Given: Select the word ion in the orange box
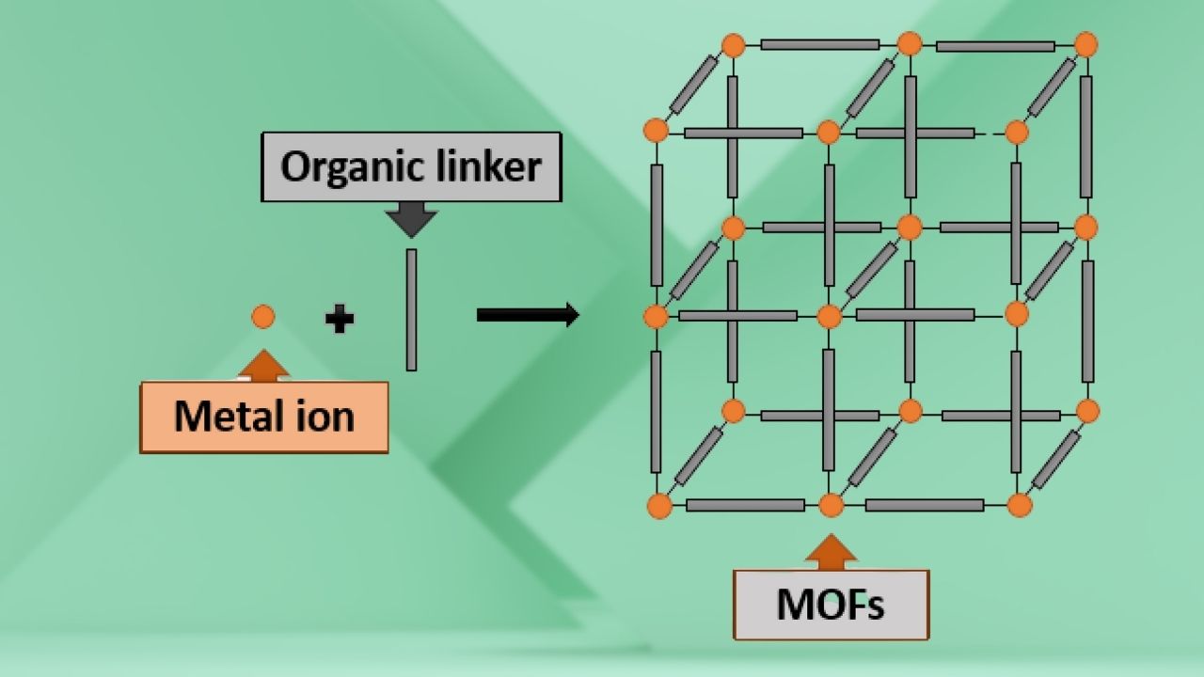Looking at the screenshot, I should [325, 416].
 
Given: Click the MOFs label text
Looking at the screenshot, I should [831, 605].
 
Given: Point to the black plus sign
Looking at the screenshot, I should [339, 320].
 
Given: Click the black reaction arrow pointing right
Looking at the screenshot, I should [527, 315].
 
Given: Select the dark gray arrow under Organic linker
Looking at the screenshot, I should [411, 220].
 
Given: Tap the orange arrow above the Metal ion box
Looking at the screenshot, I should [265, 366].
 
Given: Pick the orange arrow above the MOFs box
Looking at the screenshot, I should [831, 552].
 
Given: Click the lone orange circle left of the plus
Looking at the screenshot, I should [263, 317].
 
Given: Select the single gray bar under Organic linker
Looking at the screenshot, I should [411, 309].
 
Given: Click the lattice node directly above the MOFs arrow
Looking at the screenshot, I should [831, 506].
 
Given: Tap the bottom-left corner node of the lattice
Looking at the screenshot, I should [659, 506].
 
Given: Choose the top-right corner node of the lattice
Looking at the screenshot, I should [1085, 44].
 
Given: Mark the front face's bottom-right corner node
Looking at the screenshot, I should [1020, 506].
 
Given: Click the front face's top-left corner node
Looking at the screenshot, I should [656, 131].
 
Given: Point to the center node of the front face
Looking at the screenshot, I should [829, 316].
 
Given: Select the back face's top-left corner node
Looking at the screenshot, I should [733, 44].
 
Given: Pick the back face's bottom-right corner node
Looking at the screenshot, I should [1087, 411].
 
